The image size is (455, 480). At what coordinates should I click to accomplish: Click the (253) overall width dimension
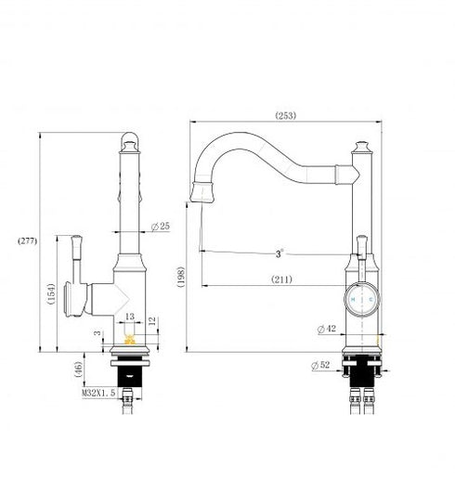287,116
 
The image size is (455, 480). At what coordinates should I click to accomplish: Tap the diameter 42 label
326,329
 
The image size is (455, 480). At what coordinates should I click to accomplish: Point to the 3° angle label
279,253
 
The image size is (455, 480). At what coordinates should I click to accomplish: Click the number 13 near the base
130,317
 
